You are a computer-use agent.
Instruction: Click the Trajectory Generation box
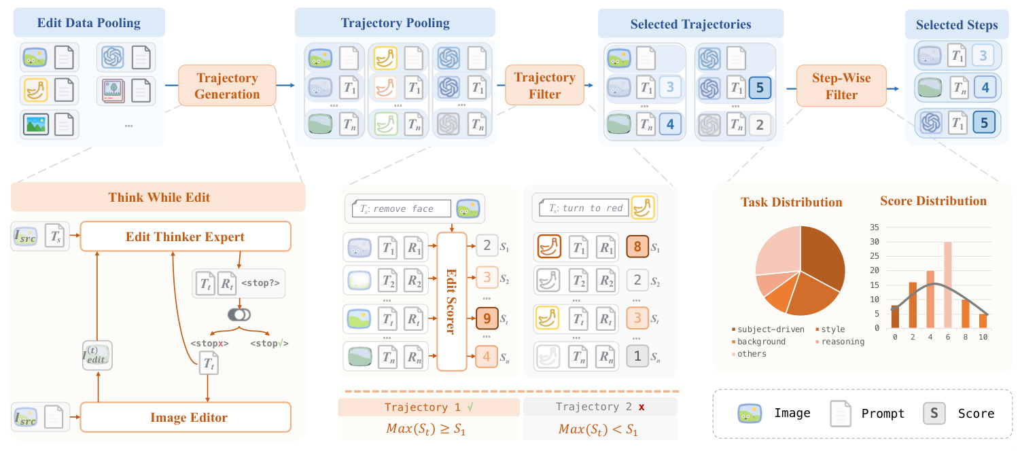coord(227,86)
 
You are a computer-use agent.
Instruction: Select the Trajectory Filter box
coord(545,86)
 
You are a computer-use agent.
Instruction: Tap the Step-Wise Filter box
coord(842,86)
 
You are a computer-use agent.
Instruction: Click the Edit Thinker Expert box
coord(185,237)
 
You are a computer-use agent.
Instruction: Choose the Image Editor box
coord(185,417)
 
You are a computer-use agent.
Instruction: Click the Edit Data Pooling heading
coord(89,23)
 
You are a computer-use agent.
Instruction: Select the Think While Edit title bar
coord(159,198)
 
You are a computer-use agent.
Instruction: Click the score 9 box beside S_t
coord(487,317)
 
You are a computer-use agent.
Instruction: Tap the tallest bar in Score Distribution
coord(947,285)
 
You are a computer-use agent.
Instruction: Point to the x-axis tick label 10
coord(983,338)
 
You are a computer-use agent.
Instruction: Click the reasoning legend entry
coord(842,342)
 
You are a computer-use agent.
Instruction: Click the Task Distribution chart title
coord(791,202)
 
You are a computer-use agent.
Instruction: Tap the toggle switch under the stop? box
coord(240,315)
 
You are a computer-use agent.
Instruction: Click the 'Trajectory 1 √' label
coord(428,407)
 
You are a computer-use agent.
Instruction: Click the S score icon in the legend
coord(934,413)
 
